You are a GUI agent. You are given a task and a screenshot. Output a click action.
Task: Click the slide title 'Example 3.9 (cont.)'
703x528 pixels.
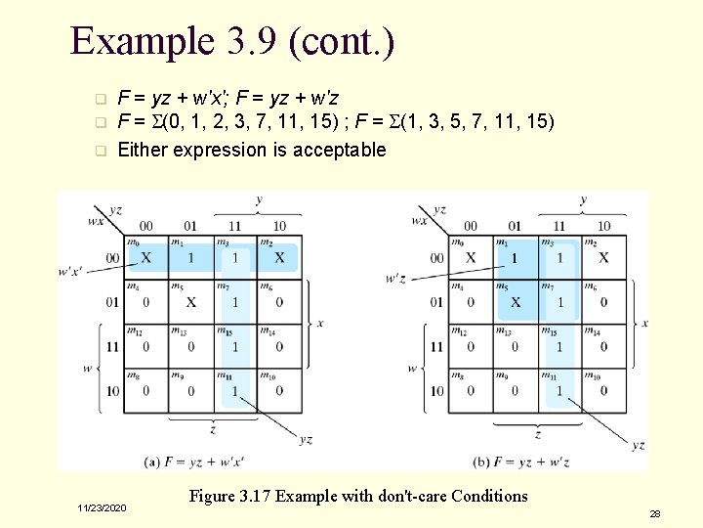pyautogui.click(x=232, y=41)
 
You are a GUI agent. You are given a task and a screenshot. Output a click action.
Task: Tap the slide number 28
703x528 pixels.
pyautogui.click(x=655, y=512)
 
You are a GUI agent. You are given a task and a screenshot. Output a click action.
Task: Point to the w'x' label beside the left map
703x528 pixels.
pyautogui.click(x=74, y=271)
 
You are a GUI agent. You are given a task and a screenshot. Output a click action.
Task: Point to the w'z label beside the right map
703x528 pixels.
pyautogui.click(x=395, y=278)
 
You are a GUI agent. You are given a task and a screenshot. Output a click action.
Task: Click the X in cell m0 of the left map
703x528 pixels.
pyautogui.click(x=146, y=258)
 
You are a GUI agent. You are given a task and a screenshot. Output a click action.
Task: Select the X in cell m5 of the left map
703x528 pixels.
pyautogui.click(x=190, y=302)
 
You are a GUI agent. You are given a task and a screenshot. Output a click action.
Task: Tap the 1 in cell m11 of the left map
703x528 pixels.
pyautogui.click(x=234, y=391)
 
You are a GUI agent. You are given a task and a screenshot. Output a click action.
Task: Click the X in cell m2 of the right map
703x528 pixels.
pyautogui.click(x=603, y=258)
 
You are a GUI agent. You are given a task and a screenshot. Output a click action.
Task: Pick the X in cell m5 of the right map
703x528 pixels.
pyautogui.click(x=515, y=302)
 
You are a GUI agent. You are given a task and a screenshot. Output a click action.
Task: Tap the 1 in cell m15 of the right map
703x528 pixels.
pyautogui.click(x=559, y=347)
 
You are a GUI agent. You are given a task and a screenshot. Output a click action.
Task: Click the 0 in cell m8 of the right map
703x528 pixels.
pyautogui.click(x=471, y=391)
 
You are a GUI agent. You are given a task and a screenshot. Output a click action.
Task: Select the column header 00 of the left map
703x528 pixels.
pyautogui.click(x=146, y=227)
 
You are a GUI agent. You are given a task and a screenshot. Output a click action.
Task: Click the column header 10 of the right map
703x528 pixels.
pyautogui.click(x=603, y=227)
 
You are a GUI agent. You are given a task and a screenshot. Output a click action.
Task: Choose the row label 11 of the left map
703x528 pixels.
pyautogui.click(x=112, y=347)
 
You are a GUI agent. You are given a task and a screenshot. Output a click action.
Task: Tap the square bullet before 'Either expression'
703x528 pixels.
pyautogui.click(x=99, y=151)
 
